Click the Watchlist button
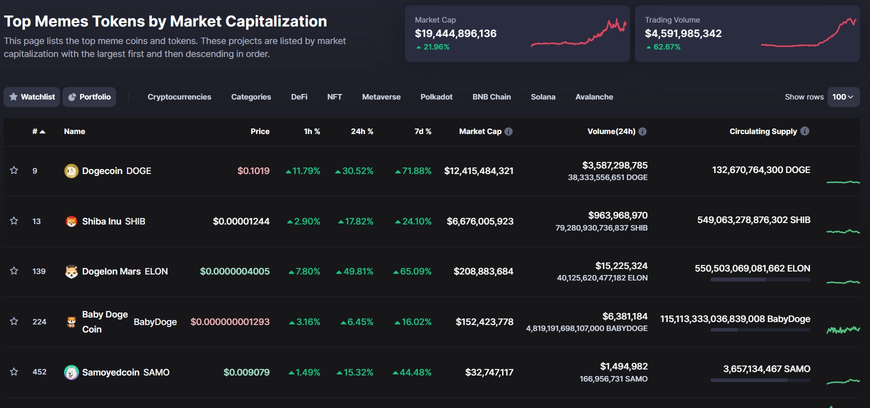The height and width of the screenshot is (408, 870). (32, 97)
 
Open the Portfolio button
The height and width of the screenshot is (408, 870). (89, 97)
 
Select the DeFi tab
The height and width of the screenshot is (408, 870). (299, 97)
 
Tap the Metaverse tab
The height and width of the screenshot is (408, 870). (381, 97)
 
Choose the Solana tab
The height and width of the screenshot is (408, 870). (543, 97)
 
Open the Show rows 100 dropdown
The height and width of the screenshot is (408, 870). (843, 97)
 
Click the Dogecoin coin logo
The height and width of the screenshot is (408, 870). (71, 171)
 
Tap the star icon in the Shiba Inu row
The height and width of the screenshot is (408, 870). (14, 221)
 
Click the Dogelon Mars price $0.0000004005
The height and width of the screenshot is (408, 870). (234, 271)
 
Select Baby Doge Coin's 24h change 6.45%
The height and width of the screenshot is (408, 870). (357, 322)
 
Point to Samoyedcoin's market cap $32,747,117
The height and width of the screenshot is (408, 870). (489, 372)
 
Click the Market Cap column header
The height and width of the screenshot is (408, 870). (480, 131)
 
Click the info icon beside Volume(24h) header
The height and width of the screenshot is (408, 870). (642, 131)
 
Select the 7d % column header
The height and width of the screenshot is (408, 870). (422, 131)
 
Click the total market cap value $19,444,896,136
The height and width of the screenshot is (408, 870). (455, 33)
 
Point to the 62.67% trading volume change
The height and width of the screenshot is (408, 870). (666, 47)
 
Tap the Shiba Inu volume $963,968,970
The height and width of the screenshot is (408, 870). (617, 215)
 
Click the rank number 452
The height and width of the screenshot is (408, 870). (39, 372)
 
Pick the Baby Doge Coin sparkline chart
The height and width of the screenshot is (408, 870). (843, 329)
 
